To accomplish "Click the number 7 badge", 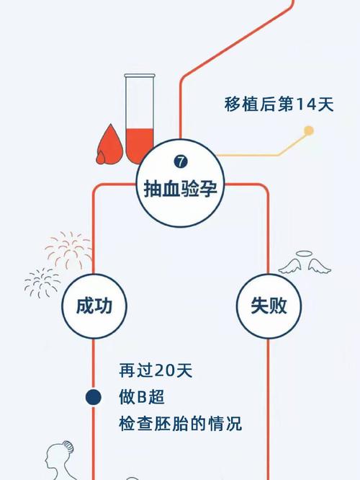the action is [x=181, y=161].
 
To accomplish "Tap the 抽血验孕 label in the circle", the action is [x=181, y=189].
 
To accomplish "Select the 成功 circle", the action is [x=94, y=306].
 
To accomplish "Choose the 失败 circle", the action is [x=269, y=306].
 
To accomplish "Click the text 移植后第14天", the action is [x=279, y=104].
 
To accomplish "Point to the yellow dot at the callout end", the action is [x=309, y=130].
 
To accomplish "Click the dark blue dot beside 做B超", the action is [x=94, y=397].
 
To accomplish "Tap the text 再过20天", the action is [x=156, y=370].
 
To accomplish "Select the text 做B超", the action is [x=142, y=397].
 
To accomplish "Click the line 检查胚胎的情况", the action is [x=181, y=424].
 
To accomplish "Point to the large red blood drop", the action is [x=111, y=144].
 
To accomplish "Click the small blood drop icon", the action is [x=101, y=158].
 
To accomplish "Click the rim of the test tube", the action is [x=140, y=75].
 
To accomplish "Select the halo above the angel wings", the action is [x=305, y=254].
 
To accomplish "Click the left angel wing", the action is [x=290, y=266].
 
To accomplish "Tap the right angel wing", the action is [x=319, y=266].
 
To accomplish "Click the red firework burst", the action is [x=69, y=250].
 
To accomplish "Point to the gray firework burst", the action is [x=42, y=283].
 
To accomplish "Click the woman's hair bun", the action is [x=68, y=447].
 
